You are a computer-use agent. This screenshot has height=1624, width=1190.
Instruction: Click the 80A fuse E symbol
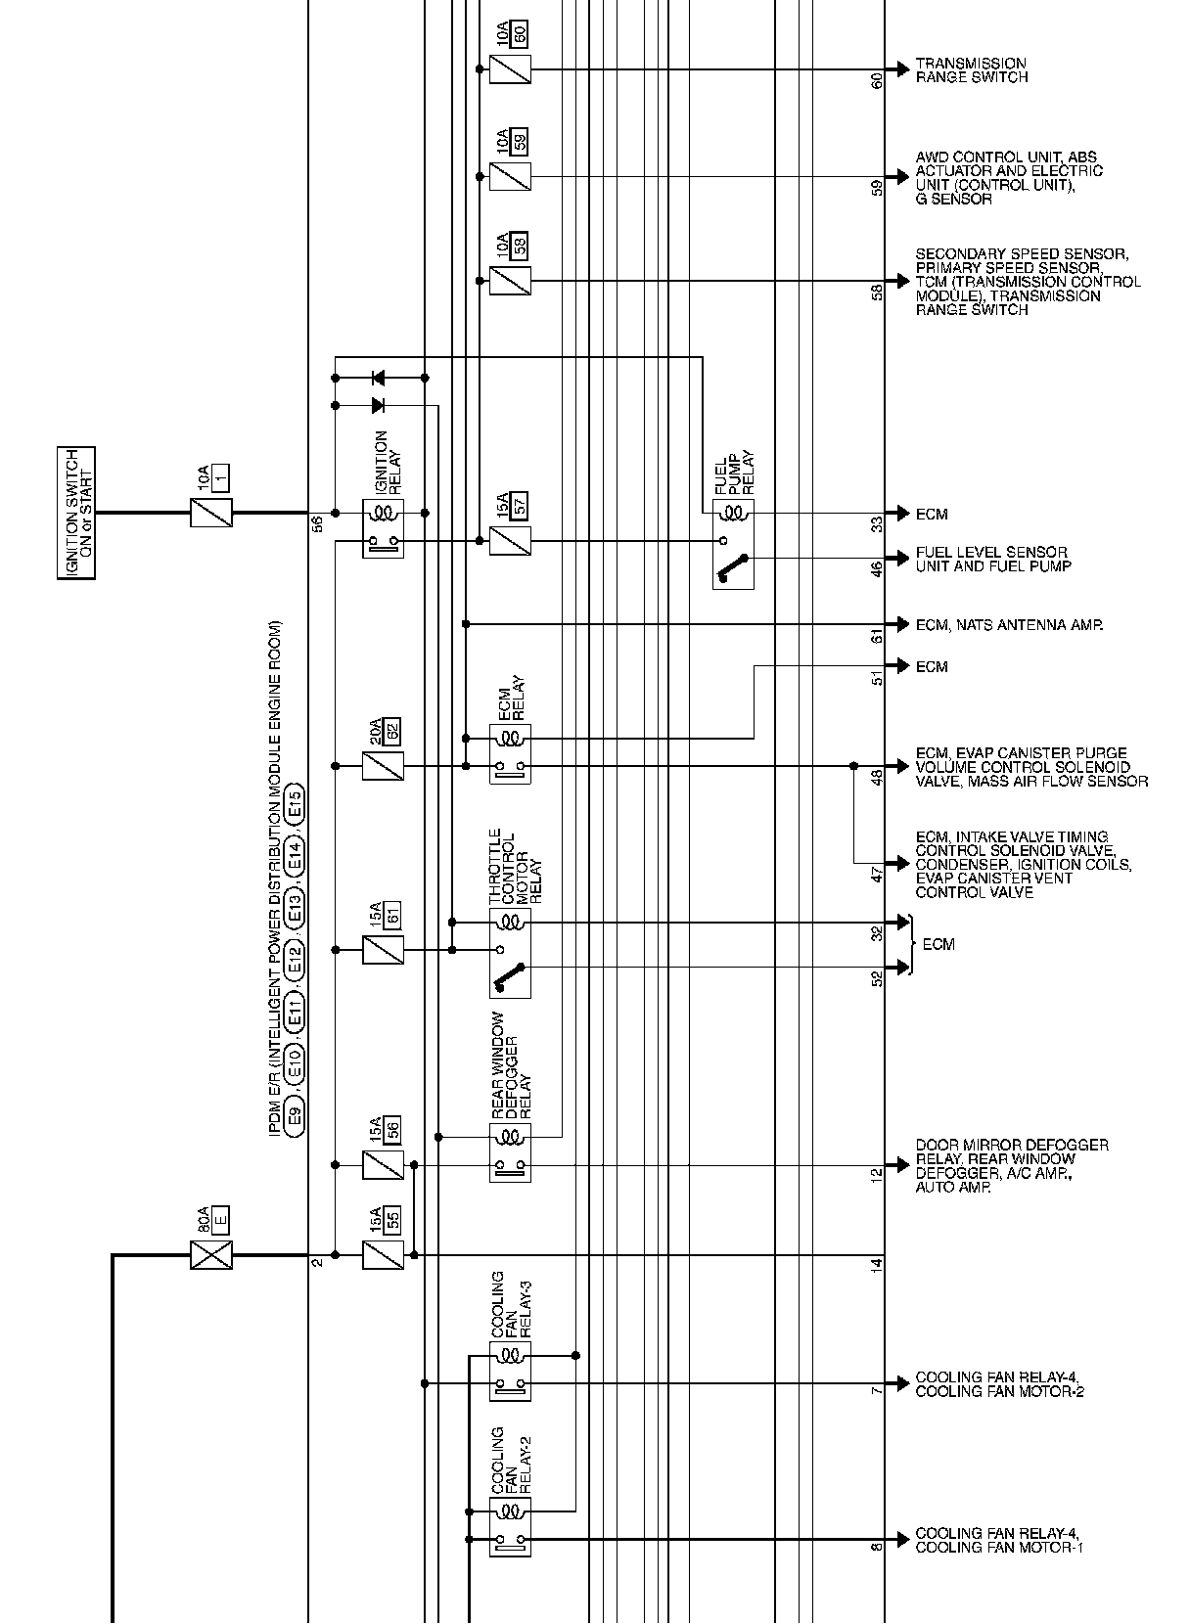211,1254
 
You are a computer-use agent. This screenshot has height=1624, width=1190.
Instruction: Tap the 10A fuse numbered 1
211,512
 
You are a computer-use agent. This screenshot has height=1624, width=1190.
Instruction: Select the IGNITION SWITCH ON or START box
75,513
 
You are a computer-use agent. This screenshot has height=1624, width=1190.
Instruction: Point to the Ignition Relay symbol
383,528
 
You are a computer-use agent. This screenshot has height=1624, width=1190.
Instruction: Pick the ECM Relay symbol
510,752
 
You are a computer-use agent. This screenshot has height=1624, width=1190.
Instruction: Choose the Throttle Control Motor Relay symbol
510,952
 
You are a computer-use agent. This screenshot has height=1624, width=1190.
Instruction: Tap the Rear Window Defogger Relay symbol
510,1152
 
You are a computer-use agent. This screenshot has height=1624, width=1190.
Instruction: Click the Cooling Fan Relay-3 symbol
510,1370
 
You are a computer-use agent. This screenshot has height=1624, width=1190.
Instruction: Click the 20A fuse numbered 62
383,765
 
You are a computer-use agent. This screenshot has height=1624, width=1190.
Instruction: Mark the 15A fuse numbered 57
510,540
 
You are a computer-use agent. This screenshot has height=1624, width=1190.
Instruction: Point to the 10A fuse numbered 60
510,69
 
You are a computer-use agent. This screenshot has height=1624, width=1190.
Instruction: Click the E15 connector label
296,806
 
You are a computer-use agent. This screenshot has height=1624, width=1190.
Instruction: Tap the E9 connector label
296,1112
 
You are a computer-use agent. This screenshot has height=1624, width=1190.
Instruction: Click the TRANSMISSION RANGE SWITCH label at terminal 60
971,70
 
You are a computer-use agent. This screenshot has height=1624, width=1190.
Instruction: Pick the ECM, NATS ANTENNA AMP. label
1009,624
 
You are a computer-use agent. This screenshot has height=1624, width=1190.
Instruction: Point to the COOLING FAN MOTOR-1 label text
999,1547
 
